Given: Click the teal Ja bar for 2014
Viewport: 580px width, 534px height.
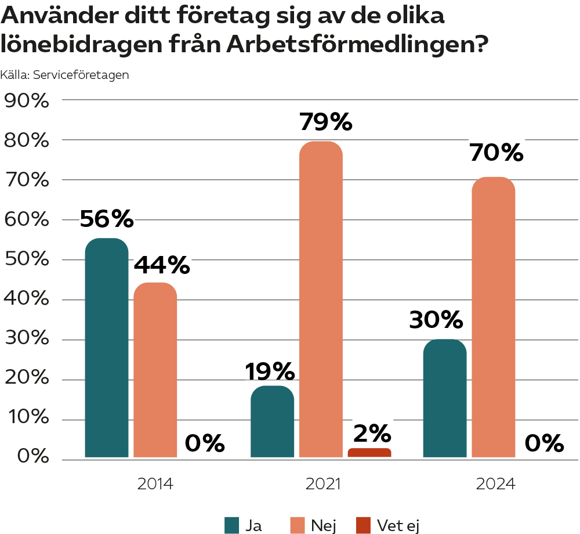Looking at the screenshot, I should click(106, 348).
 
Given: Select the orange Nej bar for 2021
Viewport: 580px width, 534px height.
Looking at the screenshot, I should click(321, 299).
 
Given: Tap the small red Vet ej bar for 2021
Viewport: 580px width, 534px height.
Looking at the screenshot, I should click(369, 453).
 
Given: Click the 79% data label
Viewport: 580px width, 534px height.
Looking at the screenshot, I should click(325, 122).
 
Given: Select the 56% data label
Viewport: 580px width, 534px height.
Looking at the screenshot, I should click(107, 219).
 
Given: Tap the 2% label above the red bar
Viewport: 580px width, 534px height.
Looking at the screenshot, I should click(372, 433).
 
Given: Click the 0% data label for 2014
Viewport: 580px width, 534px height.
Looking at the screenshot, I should click(205, 444).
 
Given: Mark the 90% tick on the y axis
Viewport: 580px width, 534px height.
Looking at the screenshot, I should click(26, 100).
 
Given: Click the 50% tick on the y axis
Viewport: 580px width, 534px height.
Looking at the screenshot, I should click(26, 260).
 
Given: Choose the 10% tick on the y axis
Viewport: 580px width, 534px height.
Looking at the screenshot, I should click(26, 419).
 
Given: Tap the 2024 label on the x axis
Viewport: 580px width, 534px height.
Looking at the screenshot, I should click(495, 484).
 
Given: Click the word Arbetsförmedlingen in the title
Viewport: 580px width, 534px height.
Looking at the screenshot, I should click(356, 44).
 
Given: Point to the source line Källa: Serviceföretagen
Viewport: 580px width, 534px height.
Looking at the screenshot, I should click(64, 75).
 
